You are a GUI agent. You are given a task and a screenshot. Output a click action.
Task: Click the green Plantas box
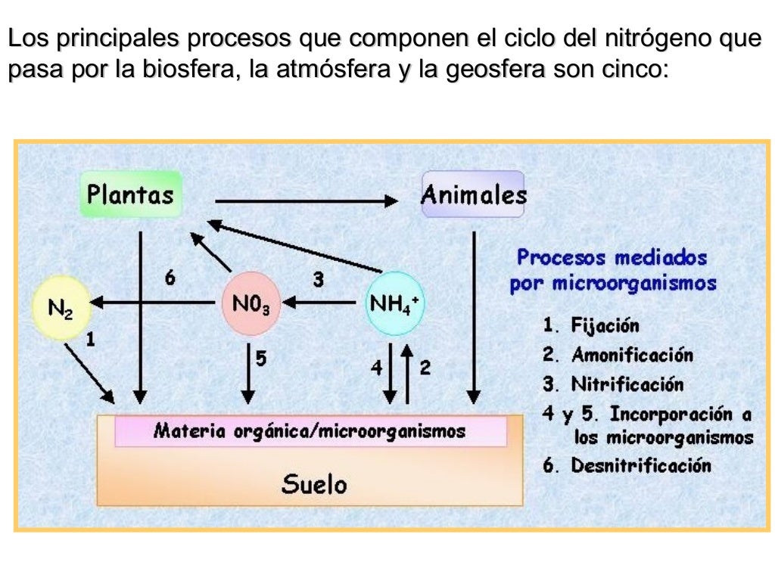click(130, 194)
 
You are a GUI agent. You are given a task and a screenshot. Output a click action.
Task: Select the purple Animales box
click(473, 195)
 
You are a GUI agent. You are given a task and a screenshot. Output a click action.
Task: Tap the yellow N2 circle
click(61, 308)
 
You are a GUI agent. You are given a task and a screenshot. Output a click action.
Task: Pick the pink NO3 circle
click(251, 304)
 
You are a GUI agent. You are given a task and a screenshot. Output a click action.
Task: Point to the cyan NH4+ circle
click(394, 304)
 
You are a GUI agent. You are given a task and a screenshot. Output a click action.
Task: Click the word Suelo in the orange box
click(314, 483)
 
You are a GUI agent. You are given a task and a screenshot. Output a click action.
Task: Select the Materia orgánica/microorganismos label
click(310, 431)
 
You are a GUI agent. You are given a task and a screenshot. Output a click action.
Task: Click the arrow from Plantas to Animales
click(306, 200)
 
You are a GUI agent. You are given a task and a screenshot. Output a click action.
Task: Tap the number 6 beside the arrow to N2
click(170, 278)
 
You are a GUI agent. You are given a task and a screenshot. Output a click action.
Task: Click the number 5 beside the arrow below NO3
click(260, 359)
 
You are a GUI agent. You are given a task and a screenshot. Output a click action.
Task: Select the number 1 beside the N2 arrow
click(90, 340)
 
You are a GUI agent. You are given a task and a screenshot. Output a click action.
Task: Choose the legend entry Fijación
click(605, 326)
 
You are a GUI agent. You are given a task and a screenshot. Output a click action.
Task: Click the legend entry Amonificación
click(632, 355)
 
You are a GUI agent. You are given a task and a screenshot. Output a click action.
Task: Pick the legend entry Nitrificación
click(627, 384)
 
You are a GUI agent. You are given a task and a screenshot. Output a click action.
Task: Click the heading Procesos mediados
click(612, 257)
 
